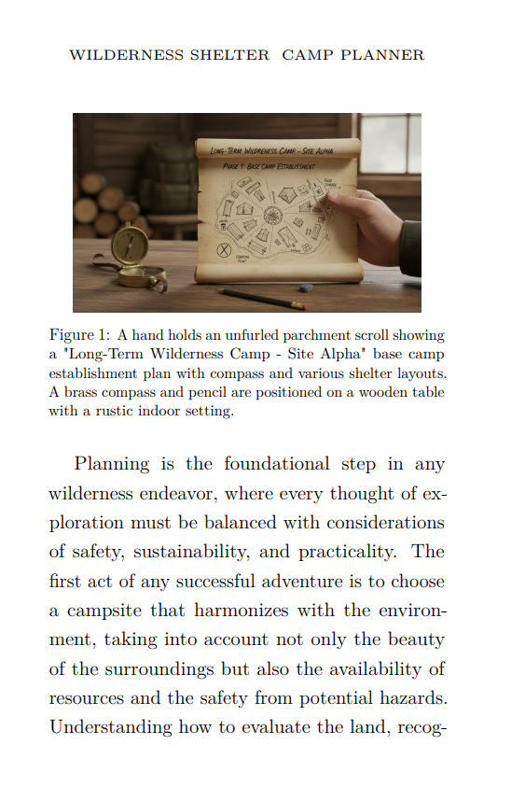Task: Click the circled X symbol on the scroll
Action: [x=224, y=250]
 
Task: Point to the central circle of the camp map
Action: [x=273, y=216]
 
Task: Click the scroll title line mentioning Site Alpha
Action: [x=278, y=150]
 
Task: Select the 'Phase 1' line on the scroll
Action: [x=264, y=165]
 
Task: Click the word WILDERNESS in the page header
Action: [x=126, y=55]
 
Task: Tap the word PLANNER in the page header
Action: [x=382, y=55]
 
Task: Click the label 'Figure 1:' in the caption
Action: [x=78, y=334]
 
